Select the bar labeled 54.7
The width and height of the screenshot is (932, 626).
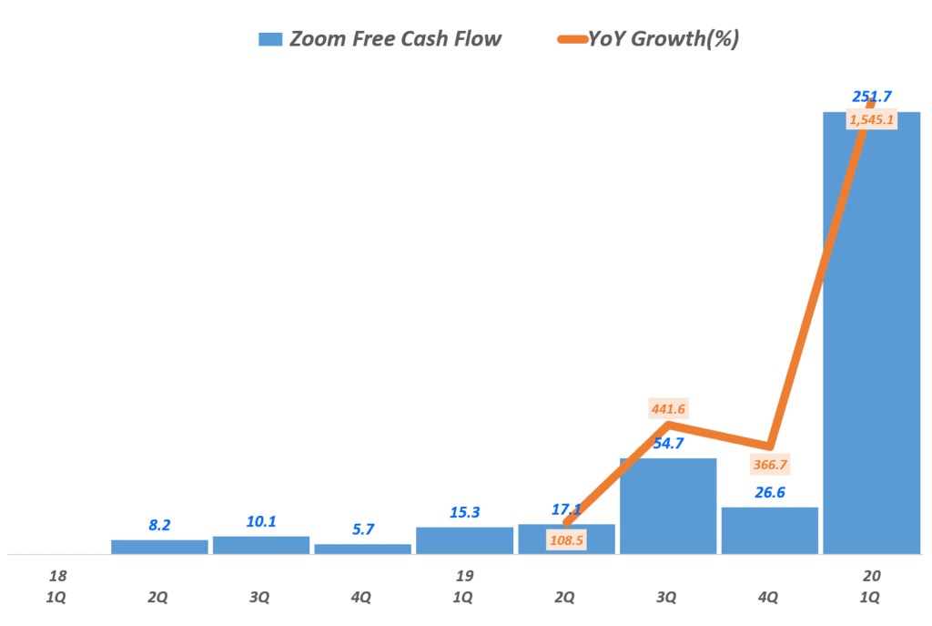(668, 506)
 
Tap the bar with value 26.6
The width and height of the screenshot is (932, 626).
(770, 530)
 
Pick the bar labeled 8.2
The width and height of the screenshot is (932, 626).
(159, 547)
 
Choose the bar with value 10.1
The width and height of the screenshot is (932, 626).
(261, 545)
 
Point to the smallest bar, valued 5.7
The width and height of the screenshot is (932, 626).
(362, 549)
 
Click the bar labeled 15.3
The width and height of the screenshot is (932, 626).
(464, 540)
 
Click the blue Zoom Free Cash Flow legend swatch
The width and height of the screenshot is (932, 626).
(270, 39)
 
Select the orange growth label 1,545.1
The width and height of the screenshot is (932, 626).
(871, 119)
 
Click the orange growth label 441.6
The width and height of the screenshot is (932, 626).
(668, 409)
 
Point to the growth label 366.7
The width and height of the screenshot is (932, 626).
(770, 464)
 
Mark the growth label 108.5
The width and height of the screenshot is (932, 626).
(566, 540)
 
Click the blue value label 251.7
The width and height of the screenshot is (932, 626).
(871, 97)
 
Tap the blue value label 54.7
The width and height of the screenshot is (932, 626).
(668, 444)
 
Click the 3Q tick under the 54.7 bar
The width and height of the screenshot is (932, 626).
(667, 598)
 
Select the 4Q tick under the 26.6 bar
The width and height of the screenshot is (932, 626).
(769, 598)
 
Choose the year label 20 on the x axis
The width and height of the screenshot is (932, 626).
(871, 576)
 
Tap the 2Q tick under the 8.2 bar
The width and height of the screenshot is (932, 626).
(158, 598)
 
